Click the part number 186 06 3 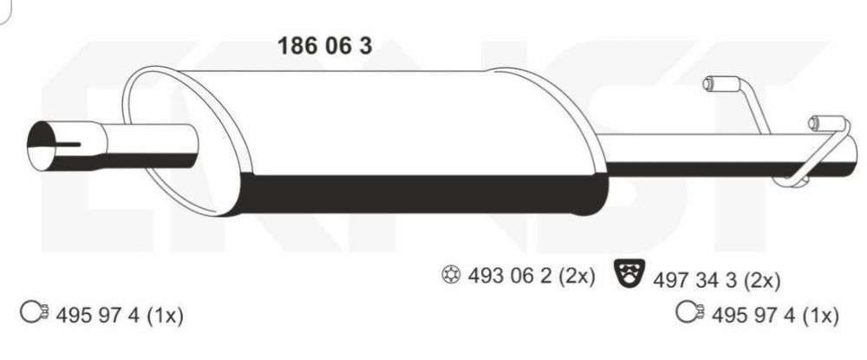(x=324, y=46)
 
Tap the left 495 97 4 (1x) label (x=120, y=316)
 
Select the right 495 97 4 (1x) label (x=775, y=316)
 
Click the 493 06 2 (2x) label (x=531, y=275)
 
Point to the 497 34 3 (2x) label (x=717, y=281)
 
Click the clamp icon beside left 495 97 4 (x=36, y=313)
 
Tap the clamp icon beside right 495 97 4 (x=691, y=312)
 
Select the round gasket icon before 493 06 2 (x=452, y=275)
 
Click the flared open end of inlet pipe (x=42, y=146)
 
